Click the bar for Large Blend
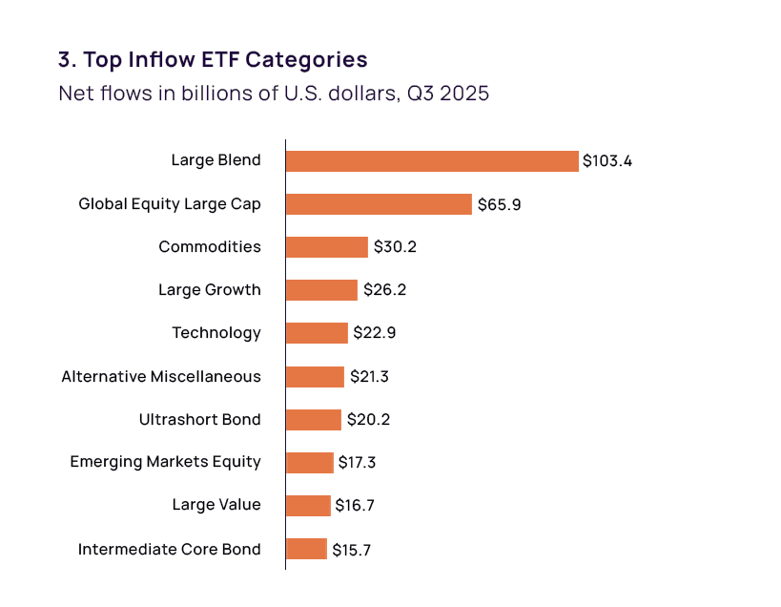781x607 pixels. [432, 160]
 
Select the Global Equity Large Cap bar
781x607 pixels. [379, 204]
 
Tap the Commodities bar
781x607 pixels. [326, 247]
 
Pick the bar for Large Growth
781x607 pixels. [321, 290]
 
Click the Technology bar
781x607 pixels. [317, 333]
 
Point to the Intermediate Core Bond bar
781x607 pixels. [306, 549]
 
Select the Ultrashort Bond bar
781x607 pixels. [313, 420]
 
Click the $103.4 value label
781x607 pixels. [607, 160]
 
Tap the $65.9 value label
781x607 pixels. [499, 204]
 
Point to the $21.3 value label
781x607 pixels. [369, 377]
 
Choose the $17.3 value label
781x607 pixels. [358, 463]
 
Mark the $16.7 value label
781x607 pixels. [355, 506]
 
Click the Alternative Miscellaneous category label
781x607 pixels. [161, 377]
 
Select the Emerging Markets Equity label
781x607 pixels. [165, 462]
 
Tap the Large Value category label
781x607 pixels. [216, 505]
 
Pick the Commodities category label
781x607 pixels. [210, 247]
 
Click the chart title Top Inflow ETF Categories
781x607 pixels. [225, 59]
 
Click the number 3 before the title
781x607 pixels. [65, 59]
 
